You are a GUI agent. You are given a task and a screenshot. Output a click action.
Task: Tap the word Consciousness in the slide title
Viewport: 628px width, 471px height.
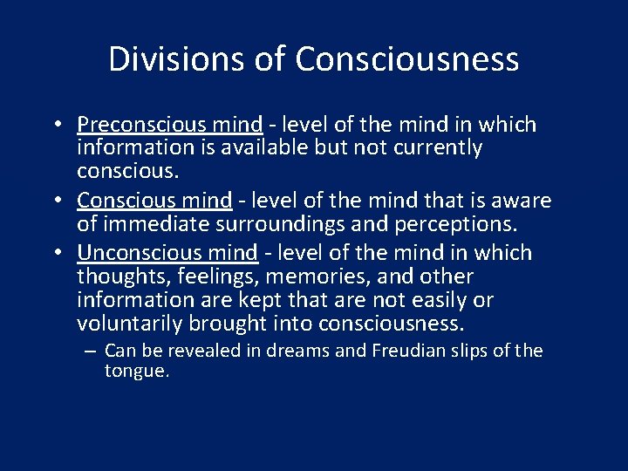click(x=407, y=59)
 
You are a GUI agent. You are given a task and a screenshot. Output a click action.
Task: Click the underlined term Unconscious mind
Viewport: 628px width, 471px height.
click(x=167, y=253)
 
